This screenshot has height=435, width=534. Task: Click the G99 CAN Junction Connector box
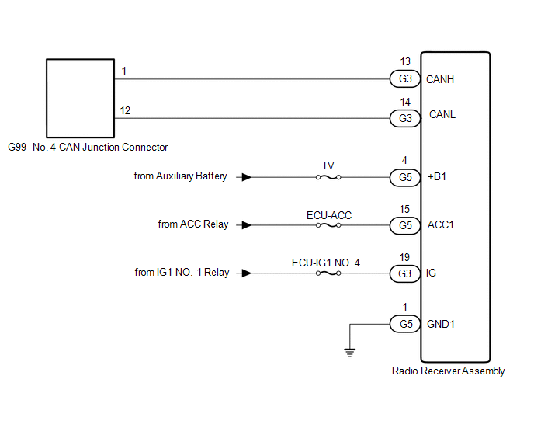[x=79, y=96]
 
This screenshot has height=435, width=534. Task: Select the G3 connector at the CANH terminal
[x=404, y=78]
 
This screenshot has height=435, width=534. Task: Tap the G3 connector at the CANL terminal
[x=404, y=118]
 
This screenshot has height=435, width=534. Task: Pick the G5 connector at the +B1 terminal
[x=404, y=177]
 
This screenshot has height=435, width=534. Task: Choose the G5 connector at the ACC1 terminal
[x=404, y=225]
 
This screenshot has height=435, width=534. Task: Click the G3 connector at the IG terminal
[x=404, y=273]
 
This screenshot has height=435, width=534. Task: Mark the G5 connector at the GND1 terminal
[x=404, y=323]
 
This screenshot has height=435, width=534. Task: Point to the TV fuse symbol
[x=328, y=177]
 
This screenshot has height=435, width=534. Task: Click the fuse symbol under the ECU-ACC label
[x=328, y=225]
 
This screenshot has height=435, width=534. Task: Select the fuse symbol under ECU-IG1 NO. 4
[x=328, y=273]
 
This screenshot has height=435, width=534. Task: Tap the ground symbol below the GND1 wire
[x=350, y=351]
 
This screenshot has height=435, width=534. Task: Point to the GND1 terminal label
[x=441, y=323]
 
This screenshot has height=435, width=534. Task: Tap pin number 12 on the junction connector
[x=124, y=111]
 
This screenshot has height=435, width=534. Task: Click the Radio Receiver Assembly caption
[x=449, y=371]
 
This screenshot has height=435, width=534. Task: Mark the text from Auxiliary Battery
[x=181, y=176]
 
